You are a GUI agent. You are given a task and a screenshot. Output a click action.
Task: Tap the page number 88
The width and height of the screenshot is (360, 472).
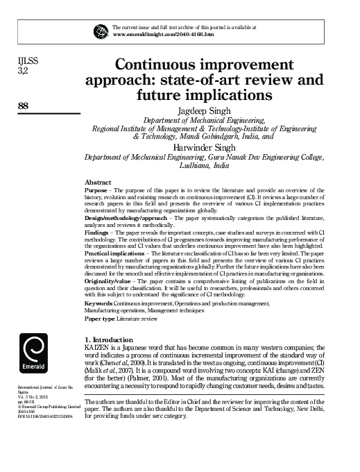click(x=23, y=106)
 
